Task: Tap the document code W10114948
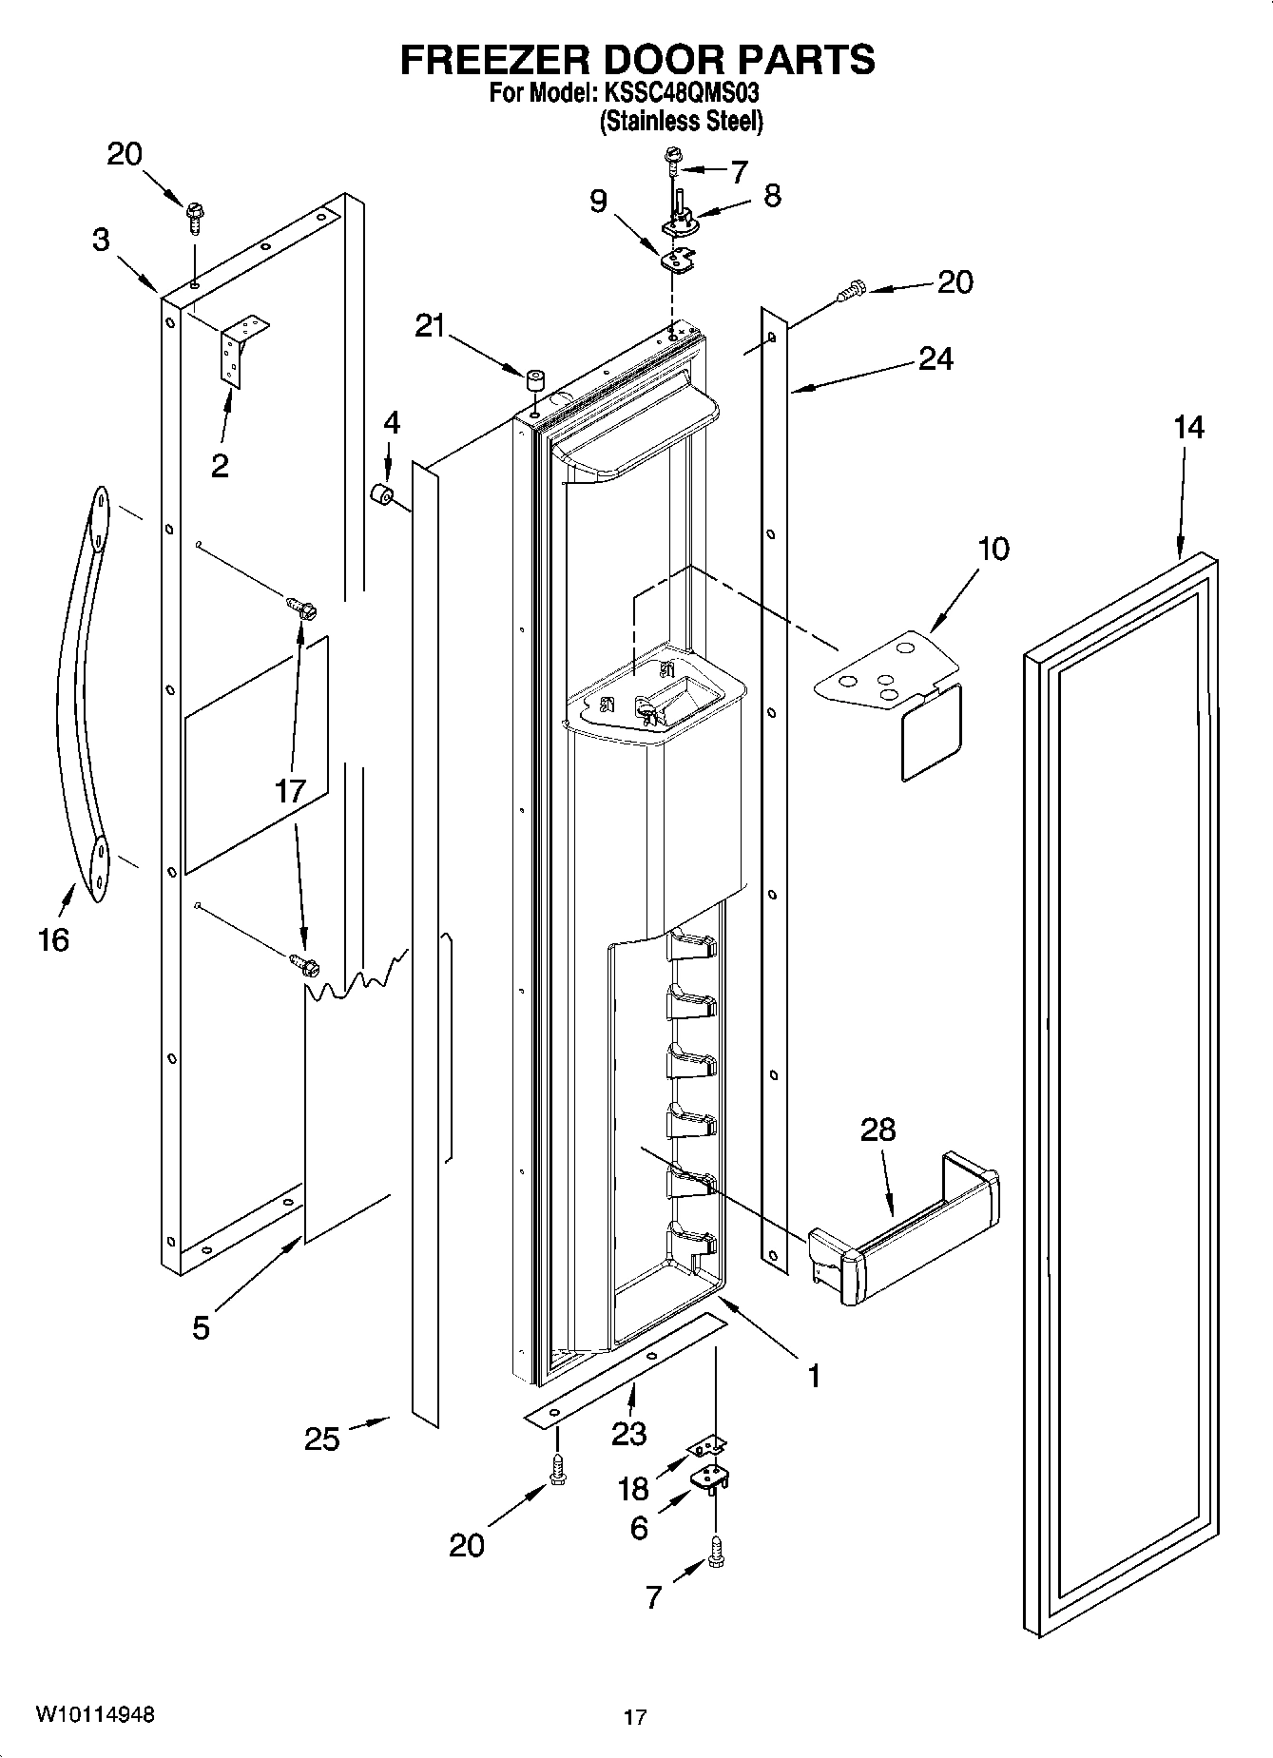pos(94,1714)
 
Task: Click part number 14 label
pos(1187,428)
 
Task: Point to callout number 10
pos(993,549)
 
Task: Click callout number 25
pos(322,1439)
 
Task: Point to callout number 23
pos(628,1432)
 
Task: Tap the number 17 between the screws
pos(289,790)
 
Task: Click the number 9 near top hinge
pos(598,202)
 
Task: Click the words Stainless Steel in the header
pos(681,122)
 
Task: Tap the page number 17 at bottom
pos(634,1717)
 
